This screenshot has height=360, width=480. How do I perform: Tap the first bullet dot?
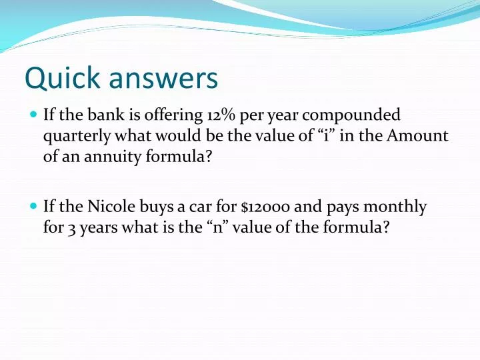click(x=33, y=115)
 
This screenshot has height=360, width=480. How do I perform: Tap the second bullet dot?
click(x=33, y=207)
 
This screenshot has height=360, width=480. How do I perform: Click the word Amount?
click(x=418, y=136)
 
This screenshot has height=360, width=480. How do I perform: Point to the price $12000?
click(x=265, y=207)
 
